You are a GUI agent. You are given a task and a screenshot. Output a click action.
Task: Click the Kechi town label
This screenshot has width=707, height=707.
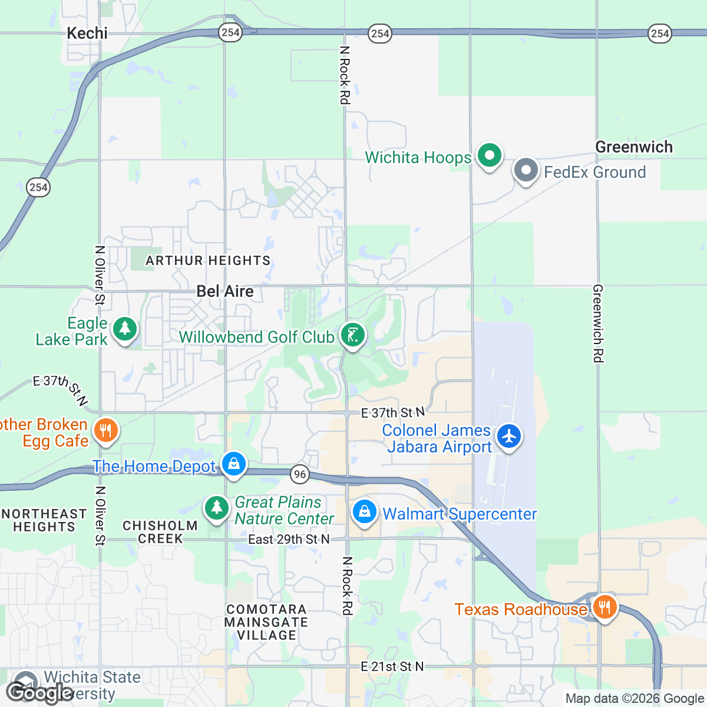tap(87, 33)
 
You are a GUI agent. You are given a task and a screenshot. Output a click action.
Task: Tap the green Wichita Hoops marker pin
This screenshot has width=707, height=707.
tap(488, 156)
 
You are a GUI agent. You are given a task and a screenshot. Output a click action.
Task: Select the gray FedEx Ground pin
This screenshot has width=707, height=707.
tap(526, 171)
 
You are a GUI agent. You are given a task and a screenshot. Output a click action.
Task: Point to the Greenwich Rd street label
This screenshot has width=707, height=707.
tap(598, 323)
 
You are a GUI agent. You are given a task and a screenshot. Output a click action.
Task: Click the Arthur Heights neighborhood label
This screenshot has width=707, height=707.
tap(208, 260)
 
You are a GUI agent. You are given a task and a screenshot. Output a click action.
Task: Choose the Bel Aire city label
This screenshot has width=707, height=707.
tap(225, 291)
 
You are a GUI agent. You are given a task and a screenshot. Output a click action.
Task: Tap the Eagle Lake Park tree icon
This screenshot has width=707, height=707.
tap(125, 329)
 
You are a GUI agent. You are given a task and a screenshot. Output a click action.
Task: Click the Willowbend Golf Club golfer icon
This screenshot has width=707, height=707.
tap(352, 336)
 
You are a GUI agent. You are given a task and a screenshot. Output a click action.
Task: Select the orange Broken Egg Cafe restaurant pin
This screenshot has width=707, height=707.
tap(106, 431)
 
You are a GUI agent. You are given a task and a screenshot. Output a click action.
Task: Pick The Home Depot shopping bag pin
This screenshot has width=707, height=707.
tap(234, 465)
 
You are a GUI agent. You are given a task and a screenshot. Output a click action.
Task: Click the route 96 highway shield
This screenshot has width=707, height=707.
tap(300, 474)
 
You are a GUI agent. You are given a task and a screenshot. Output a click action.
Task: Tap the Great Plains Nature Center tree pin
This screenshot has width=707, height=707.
tap(216, 508)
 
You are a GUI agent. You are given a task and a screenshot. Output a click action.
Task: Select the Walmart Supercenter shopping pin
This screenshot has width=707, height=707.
tap(365, 512)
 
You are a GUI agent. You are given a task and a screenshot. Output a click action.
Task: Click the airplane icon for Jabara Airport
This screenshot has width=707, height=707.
tap(508, 437)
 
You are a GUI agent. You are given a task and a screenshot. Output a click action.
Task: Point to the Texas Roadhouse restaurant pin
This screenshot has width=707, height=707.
tap(604, 607)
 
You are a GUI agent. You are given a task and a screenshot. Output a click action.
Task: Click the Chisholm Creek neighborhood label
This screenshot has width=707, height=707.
tap(160, 532)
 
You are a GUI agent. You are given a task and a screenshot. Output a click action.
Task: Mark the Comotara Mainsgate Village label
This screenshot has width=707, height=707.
tap(266, 622)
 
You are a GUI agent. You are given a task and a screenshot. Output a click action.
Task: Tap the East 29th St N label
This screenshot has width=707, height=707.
tap(289, 539)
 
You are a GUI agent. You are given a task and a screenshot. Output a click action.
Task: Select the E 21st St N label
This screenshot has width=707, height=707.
tap(392, 666)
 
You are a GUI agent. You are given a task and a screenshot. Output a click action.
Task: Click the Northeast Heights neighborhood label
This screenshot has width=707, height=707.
tap(44, 520)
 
